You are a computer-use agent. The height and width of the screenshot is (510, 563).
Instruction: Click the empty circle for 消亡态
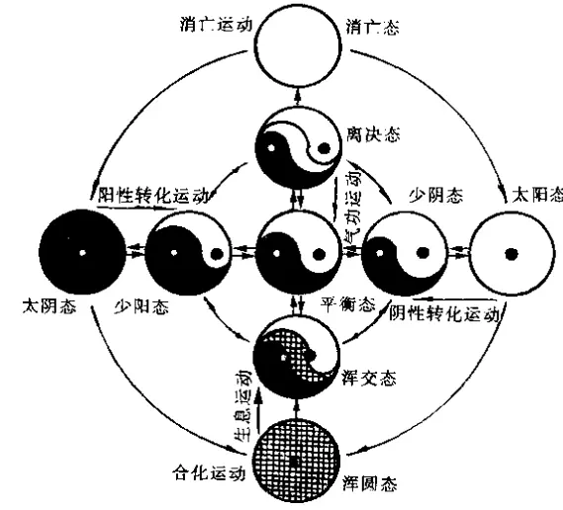298,44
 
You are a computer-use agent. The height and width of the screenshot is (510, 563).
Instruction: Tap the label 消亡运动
216,25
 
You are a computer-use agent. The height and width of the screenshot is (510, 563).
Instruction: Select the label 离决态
373,134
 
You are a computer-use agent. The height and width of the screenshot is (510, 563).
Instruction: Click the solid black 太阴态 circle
82,252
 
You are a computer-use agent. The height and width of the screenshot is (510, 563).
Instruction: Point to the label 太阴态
49,306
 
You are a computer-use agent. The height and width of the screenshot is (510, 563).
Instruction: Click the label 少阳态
141,307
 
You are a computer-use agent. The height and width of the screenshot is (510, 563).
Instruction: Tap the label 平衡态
347,305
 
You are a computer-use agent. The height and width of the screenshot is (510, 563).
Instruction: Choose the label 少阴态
436,196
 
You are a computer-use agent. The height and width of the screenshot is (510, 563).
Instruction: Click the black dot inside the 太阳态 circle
511,254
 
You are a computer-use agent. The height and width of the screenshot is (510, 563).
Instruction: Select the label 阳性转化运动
153,196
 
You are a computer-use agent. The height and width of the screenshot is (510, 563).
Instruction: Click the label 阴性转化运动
444,313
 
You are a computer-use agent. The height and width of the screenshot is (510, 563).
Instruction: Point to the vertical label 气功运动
353,206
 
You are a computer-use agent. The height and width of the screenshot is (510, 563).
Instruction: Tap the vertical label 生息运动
243,405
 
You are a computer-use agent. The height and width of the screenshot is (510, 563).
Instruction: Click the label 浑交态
369,378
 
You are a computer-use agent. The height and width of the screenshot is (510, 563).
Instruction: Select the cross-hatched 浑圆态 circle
297,462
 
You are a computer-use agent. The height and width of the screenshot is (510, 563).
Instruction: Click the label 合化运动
209,472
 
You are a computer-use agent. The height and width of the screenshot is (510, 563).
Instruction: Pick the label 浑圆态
370,483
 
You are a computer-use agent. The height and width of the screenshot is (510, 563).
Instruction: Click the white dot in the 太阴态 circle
82,253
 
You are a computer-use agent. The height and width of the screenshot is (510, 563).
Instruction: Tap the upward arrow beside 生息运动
259,411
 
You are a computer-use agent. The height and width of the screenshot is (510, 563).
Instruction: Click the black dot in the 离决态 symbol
325,148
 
